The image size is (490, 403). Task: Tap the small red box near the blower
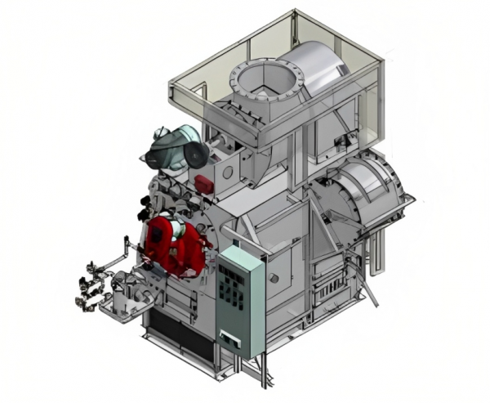pos(201,182)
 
